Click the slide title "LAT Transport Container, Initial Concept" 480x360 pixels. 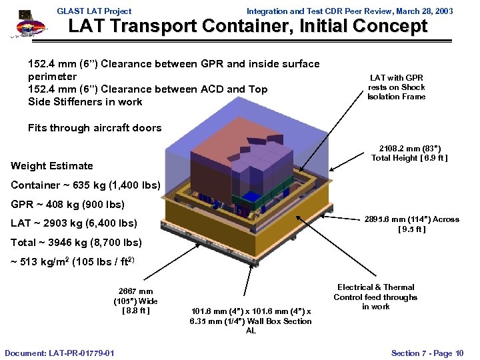(248, 27)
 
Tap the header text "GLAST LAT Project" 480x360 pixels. (94, 11)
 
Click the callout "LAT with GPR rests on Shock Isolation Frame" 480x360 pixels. (396, 87)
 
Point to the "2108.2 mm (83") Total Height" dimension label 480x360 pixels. (409, 153)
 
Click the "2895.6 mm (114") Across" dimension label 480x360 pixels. (409, 224)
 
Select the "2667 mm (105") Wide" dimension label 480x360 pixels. (135, 301)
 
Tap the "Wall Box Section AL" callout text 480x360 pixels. (251, 321)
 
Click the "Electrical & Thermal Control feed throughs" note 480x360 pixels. (375, 297)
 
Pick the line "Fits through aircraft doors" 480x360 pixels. (95, 127)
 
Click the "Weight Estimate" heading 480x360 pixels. (52, 165)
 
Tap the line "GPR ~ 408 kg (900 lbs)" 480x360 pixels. (67, 204)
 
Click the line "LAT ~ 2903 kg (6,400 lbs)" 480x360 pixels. (74, 223)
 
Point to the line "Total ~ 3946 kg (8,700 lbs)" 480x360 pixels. (77, 242)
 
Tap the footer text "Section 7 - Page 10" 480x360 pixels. (427, 352)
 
